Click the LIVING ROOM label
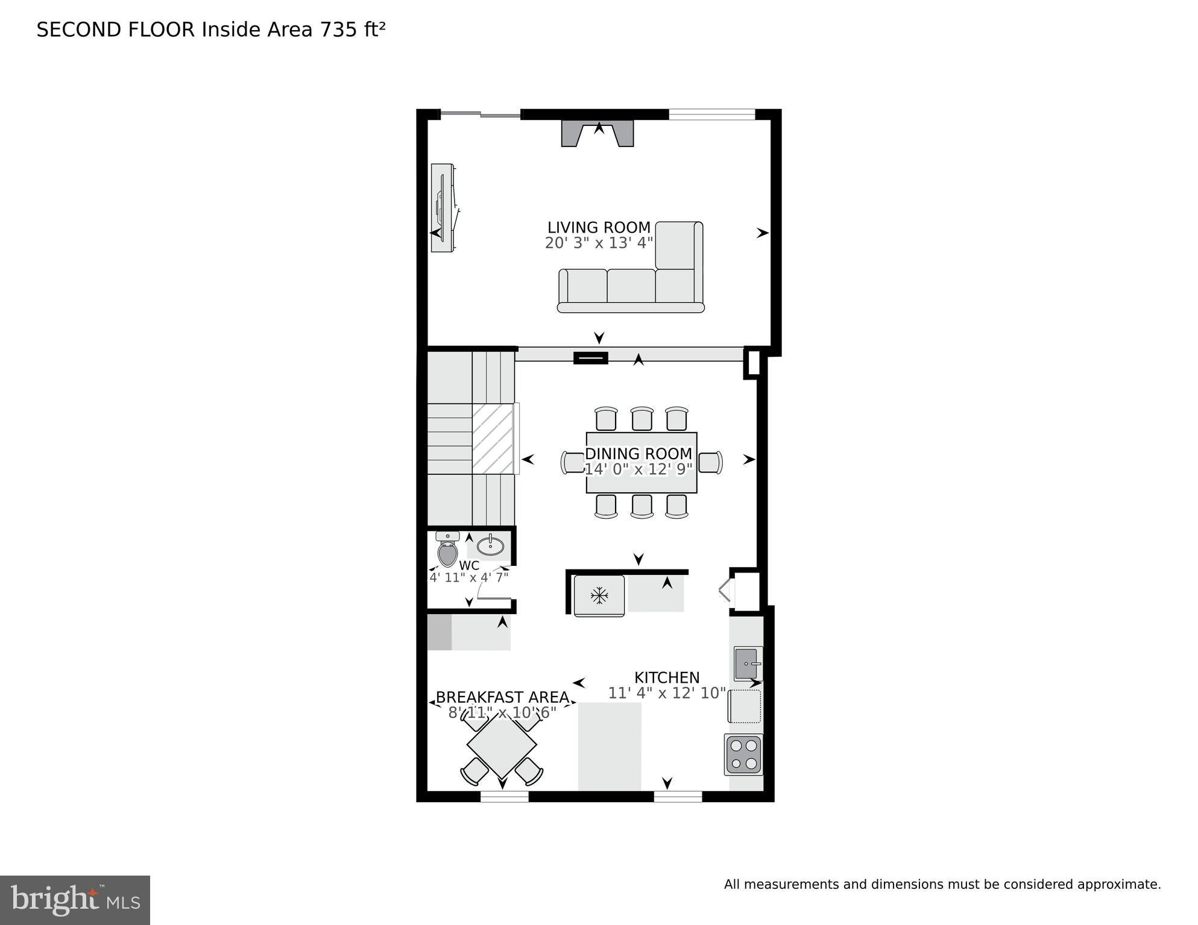click(598, 228)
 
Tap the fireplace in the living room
click(597, 133)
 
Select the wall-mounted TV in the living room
click(443, 208)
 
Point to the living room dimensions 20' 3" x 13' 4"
click(598, 243)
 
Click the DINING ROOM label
click(638, 454)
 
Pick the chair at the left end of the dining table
click(572, 463)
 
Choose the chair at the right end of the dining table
click(710, 463)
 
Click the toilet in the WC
click(447, 550)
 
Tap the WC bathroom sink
click(490, 546)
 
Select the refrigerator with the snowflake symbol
click(599, 596)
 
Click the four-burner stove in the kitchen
click(743, 754)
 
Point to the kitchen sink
click(748, 663)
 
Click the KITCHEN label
click(666, 678)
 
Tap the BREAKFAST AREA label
click(502, 697)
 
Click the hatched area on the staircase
click(493, 439)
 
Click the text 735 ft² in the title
click(353, 30)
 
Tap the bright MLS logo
click(75, 900)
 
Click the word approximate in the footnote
click(1118, 885)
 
